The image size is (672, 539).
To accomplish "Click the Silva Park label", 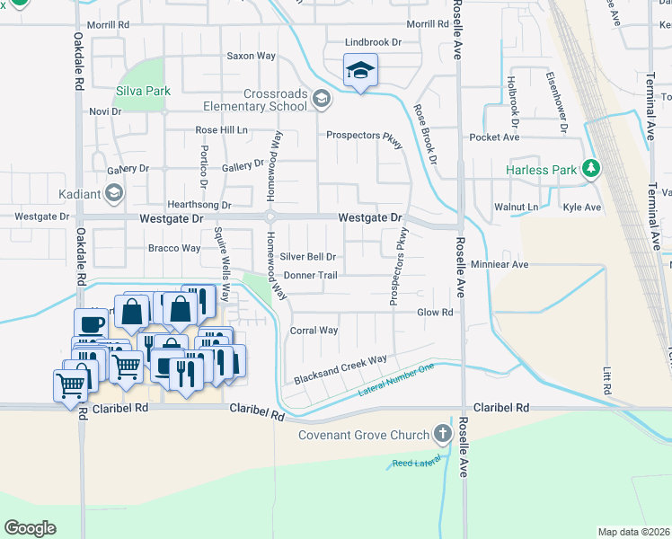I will coord(143,91).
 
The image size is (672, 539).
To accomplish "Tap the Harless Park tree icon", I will coord(591,168).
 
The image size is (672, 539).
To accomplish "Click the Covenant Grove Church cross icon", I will coord(442,435).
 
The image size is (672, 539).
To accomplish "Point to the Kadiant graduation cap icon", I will coord(114,192).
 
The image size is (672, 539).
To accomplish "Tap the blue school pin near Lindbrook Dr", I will coord(360,71).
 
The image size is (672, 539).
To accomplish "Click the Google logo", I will coord(30,528).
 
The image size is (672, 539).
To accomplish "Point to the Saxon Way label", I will coord(251,56).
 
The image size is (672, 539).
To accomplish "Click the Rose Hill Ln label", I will coord(222,130).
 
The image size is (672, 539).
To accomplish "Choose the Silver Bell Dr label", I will coord(307,257).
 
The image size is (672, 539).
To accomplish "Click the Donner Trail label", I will coord(310,275).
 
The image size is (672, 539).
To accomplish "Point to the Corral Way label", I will coord(314,331).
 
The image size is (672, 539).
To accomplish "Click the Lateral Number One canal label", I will coord(396,381).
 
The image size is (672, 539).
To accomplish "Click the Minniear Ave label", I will coord(500,265).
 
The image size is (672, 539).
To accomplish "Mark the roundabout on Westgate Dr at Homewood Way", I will coord(270,216).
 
